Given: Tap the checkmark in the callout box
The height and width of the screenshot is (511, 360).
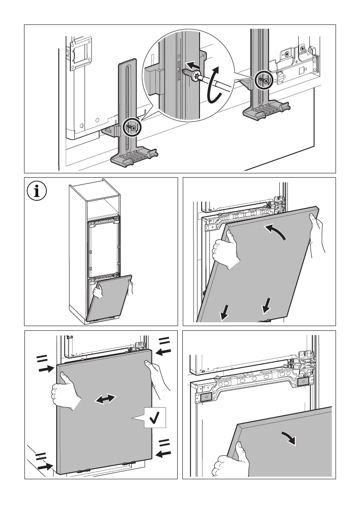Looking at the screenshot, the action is [x=154, y=417].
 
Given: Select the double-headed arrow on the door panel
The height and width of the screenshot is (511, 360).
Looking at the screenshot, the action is [x=105, y=399].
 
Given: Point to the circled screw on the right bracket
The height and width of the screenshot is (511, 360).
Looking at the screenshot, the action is [x=263, y=79].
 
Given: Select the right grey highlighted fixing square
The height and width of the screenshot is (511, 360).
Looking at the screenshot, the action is [x=303, y=381].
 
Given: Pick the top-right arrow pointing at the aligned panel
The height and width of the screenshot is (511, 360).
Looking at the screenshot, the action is [x=163, y=351].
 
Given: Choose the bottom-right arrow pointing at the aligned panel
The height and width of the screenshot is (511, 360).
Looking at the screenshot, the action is [x=163, y=453].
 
